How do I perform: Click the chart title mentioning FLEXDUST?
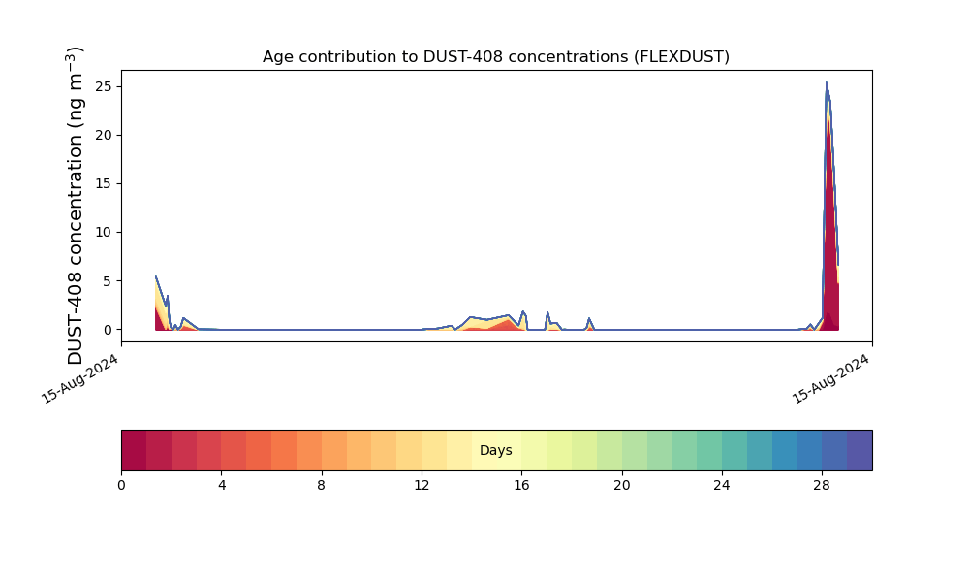point(495,57)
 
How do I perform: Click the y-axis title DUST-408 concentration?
point(76,206)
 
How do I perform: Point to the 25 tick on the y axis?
point(101,86)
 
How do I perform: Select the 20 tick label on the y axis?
point(101,135)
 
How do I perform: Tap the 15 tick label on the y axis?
point(101,183)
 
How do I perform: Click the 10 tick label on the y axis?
point(101,233)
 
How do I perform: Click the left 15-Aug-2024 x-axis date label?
point(81,378)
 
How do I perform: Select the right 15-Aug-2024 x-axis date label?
point(832,378)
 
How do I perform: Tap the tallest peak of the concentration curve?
point(827,83)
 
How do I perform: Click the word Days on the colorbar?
point(495,451)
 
